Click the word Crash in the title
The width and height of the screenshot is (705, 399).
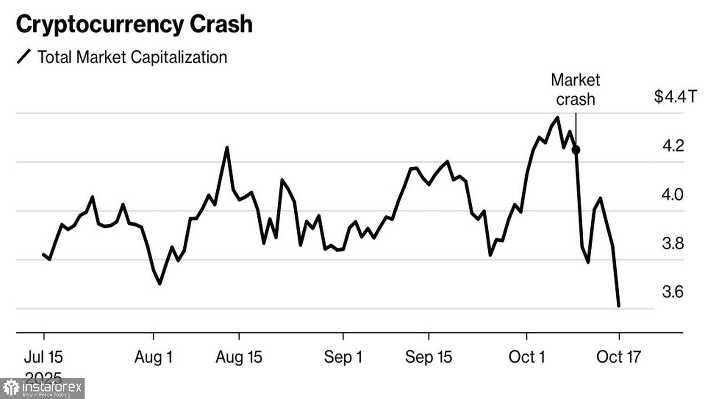(x=221, y=24)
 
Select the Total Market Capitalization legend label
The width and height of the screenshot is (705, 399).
(x=132, y=57)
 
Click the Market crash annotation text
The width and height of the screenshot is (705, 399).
(x=575, y=90)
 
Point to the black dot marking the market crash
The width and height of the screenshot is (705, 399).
(x=576, y=150)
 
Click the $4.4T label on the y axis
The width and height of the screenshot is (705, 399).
(x=675, y=97)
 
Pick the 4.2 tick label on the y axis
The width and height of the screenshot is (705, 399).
(x=673, y=146)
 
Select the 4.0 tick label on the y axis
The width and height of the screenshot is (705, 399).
(x=673, y=194)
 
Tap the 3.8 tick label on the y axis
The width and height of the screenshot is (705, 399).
(x=673, y=243)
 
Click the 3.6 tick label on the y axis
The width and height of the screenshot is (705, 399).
(x=673, y=292)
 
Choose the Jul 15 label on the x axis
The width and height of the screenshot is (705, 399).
(x=43, y=357)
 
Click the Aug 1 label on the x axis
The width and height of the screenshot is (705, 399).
(x=153, y=357)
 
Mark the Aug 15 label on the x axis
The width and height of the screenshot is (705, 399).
(x=239, y=357)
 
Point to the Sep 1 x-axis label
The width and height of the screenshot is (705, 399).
(x=343, y=357)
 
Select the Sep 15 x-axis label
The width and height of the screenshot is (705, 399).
(x=428, y=357)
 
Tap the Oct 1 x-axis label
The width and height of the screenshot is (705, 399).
(x=526, y=357)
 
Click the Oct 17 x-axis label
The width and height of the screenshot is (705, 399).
(x=619, y=357)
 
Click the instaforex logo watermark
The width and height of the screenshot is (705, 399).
(x=42, y=388)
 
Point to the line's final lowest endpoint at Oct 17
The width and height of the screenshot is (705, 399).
(x=619, y=306)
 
